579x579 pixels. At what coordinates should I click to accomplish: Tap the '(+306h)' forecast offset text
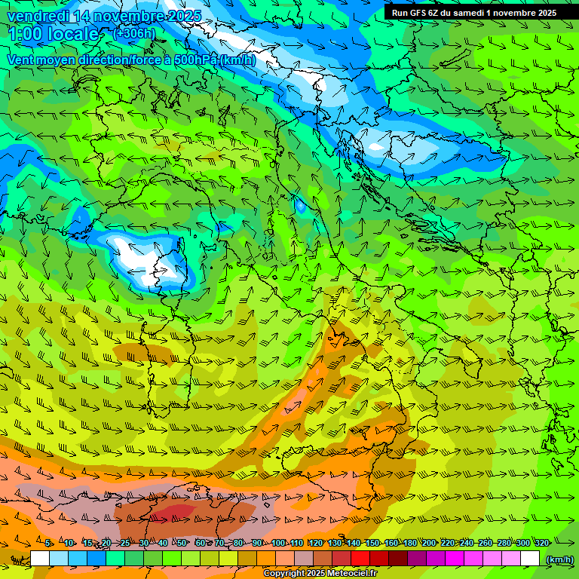133,33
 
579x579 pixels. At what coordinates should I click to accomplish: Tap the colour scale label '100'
278,544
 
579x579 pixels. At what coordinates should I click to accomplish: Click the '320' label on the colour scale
542,544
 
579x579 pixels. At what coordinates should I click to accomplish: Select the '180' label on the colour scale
410,544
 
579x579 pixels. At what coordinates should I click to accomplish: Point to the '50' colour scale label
182,544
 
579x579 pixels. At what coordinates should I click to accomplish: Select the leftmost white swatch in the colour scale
40,559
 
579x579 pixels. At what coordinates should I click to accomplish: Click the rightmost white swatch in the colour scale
530,559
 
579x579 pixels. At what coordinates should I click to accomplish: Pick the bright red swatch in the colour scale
360,559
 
